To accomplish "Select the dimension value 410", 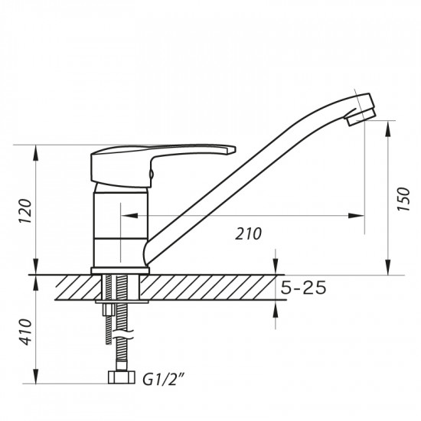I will click(24, 331).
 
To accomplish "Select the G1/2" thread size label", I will click(163, 377).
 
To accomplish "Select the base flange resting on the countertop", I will click(119, 269).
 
